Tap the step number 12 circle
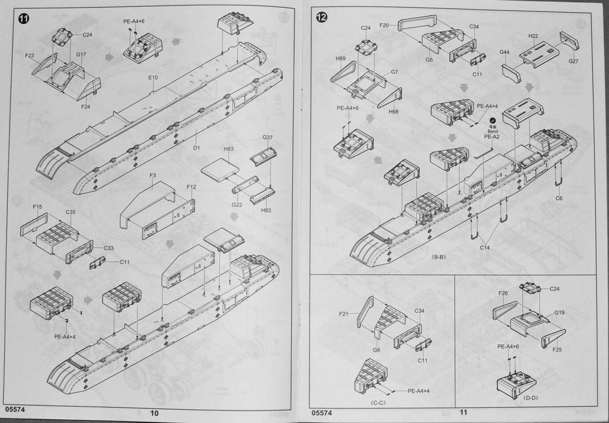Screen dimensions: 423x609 point(321,17)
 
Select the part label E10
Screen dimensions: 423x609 point(153,78)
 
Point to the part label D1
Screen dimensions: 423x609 point(196,148)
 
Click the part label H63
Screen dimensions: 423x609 point(228,149)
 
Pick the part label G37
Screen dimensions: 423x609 point(267,138)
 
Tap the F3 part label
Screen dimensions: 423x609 point(153,175)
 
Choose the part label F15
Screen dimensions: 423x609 point(37,206)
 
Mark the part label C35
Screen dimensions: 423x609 point(70,212)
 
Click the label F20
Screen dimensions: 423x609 point(384,25)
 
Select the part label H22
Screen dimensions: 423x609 point(533,36)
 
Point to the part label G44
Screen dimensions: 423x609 point(504,52)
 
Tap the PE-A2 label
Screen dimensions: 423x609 point(492,137)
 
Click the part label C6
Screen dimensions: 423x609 point(559,198)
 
